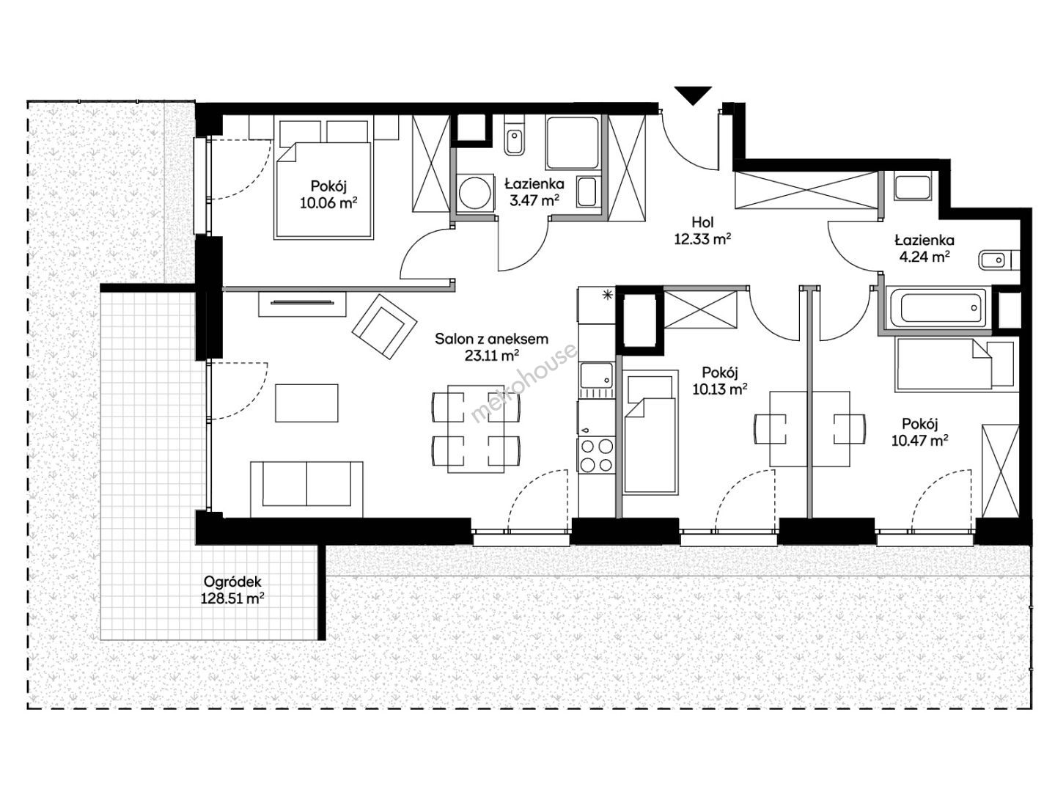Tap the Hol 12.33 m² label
click(x=702, y=230)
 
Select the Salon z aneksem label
click(x=491, y=339)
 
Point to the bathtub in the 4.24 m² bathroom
click(x=939, y=307)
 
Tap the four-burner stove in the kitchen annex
click(x=597, y=455)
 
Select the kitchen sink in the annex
click(x=597, y=375)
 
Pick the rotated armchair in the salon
click(x=384, y=326)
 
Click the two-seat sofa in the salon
click(x=306, y=488)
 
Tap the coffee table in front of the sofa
click(x=306, y=403)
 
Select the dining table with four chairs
click(x=476, y=429)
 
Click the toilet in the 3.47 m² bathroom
click(x=514, y=136)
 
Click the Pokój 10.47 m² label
click(x=919, y=431)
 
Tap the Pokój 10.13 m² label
click(x=719, y=380)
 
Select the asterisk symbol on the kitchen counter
click(x=608, y=295)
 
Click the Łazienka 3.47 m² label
click(x=534, y=191)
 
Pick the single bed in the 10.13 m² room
click(x=650, y=432)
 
